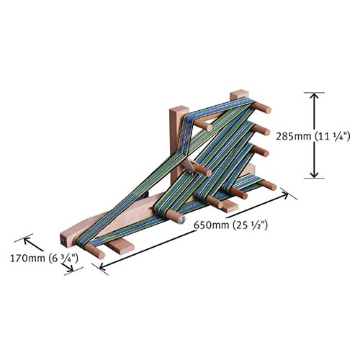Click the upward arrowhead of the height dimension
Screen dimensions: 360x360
(312, 94)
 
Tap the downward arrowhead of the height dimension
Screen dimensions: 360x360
(312, 176)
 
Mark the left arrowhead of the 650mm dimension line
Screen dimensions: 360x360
(102, 267)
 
